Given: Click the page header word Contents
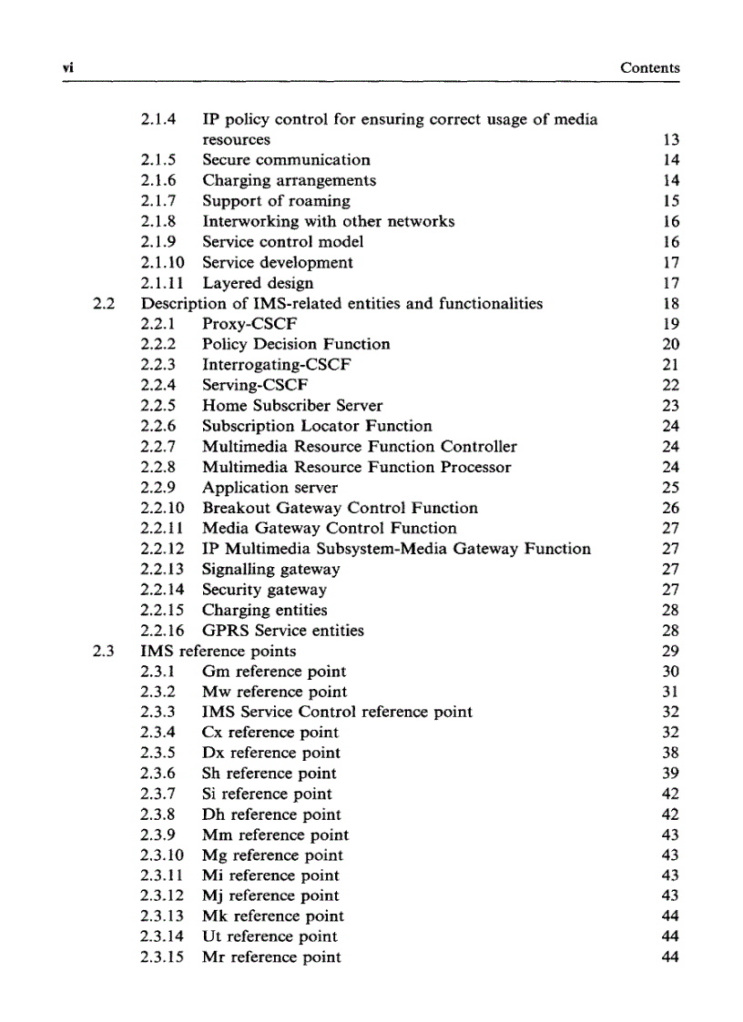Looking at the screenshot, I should click(x=649, y=68).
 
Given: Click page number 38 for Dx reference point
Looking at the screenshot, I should click(x=671, y=754).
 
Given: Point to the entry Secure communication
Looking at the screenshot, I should click(x=286, y=160).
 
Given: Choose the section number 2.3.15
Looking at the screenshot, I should click(x=163, y=957).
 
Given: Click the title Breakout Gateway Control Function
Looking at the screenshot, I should click(x=340, y=508).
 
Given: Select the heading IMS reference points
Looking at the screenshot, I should click(x=219, y=652).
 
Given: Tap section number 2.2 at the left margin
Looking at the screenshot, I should click(x=103, y=304).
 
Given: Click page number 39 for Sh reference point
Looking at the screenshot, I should click(x=671, y=774).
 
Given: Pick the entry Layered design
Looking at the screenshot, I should click(x=258, y=283).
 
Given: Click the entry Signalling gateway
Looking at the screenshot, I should click(x=270, y=570).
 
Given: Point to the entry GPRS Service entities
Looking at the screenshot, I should click(x=282, y=631).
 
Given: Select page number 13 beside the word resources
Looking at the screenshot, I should click(x=672, y=140).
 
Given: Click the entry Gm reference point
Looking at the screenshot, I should click(x=274, y=672).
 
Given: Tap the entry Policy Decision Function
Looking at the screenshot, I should click(x=296, y=344).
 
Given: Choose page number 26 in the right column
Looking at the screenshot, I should click(x=671, y=508).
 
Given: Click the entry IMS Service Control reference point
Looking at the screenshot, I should click(x=337, y=713).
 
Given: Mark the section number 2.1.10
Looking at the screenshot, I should click(x=163, y=263).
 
